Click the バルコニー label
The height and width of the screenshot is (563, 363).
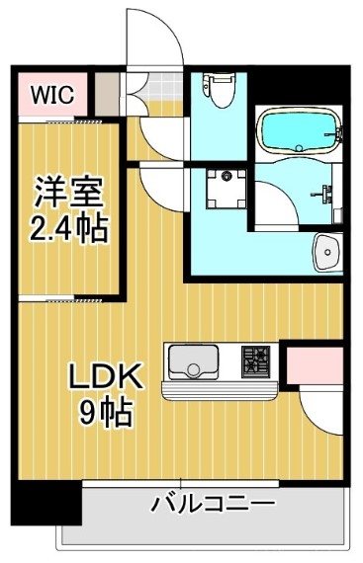point(212,504)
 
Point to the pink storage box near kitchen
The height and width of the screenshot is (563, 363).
point(314,363)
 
